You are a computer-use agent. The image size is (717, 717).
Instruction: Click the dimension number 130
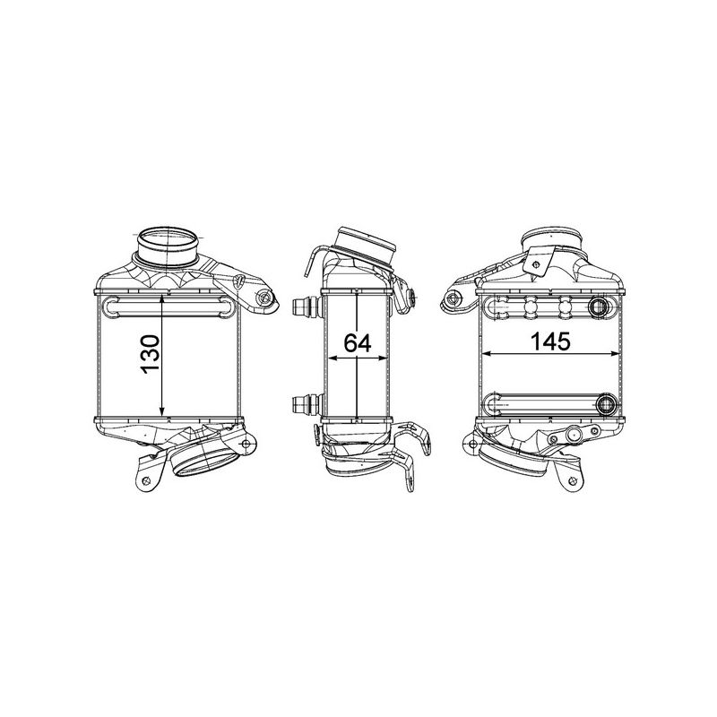(x=150, y=356)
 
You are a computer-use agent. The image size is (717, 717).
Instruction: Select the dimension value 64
(x=358, y=342)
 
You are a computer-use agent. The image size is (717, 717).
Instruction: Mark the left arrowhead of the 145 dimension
(x=485, y=355)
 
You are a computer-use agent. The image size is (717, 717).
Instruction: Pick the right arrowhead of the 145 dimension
(x=618, y=355)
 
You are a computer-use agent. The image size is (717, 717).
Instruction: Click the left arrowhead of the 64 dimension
(x=328, y=357)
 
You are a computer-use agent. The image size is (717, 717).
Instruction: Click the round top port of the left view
(x=168, y=243)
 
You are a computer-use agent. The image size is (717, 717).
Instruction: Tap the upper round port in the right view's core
(x=599, y=307)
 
